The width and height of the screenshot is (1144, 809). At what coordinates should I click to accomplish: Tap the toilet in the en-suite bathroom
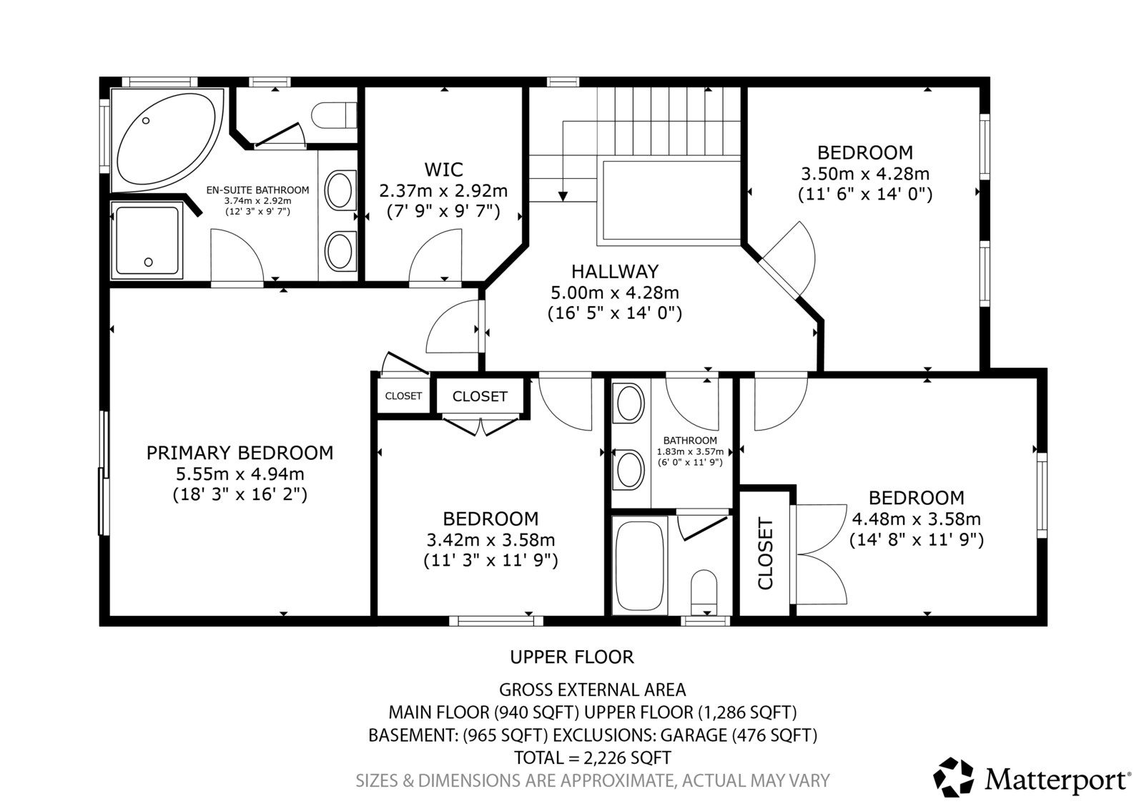coord(334,115)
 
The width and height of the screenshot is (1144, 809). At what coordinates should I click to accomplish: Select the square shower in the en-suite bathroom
coord(147,240)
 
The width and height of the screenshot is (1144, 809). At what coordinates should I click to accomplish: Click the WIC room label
coord(443,169)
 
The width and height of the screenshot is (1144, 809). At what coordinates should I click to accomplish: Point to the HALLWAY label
coord(615,271)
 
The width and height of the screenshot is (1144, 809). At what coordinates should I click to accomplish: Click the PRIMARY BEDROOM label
coord(240,453)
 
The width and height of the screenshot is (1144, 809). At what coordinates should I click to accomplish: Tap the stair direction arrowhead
coord(563,196)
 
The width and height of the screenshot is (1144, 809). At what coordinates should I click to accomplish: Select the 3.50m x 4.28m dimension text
coord(865,174)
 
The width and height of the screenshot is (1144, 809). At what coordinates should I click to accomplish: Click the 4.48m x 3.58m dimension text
coord(916,519)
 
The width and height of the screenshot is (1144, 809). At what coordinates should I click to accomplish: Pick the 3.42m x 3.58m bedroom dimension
coord(490,539)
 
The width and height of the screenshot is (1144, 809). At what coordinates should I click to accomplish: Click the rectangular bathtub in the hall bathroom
coord(640,565)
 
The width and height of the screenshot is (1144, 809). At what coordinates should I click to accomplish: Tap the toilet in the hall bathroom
coord(704,593)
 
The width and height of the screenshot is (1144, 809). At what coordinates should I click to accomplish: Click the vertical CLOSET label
coord(766,554)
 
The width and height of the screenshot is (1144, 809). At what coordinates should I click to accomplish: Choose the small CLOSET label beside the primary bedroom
coord(403,396)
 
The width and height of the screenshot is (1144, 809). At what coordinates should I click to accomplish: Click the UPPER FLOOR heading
coord(572,657)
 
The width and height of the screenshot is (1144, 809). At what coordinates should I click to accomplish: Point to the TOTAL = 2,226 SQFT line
coord(593,757)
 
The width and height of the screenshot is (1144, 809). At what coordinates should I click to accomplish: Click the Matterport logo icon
coord(954,778)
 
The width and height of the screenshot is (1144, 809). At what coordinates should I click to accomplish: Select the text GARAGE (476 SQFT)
coord(739,735)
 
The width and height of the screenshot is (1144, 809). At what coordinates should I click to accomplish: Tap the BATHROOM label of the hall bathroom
coord(690,441)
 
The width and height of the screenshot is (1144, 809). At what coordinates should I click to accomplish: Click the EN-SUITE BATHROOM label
coord(258,190)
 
